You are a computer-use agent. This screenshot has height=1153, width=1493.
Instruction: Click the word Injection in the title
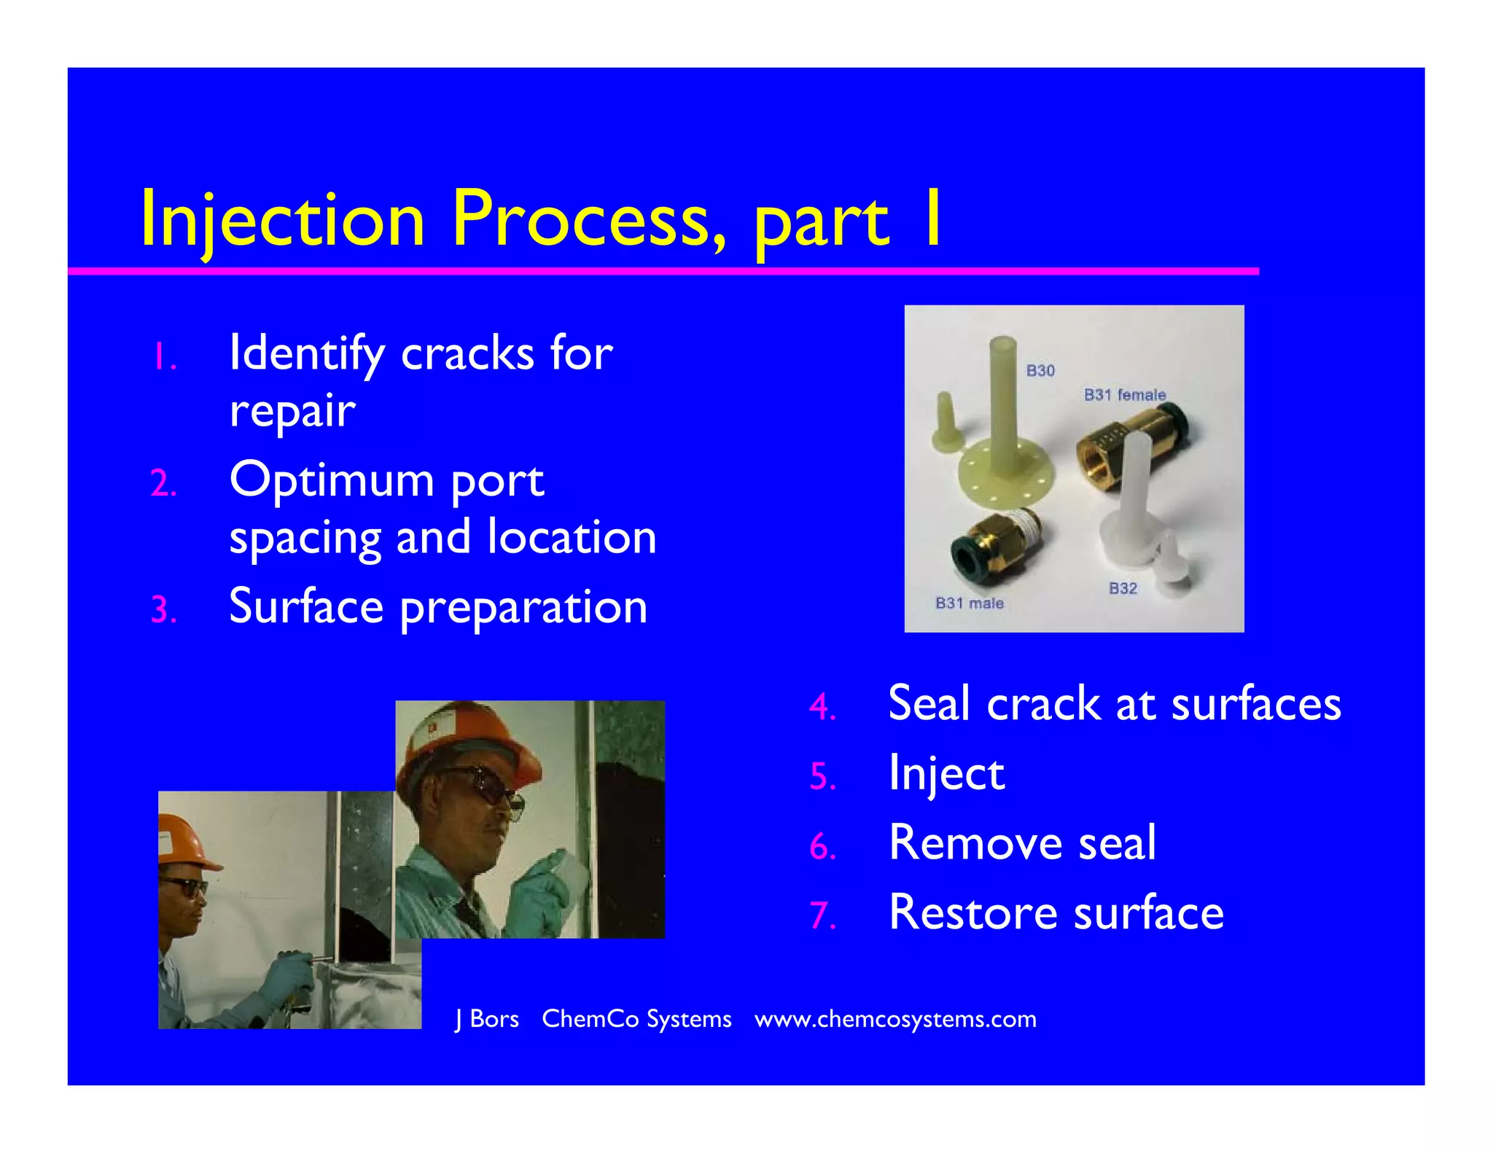tap(282, 219)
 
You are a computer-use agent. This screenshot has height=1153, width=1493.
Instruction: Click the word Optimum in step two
tap(332, 481)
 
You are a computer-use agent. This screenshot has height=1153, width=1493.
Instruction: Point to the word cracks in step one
tap(467, 354)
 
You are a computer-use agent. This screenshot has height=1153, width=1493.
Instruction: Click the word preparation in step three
tap(523, 607)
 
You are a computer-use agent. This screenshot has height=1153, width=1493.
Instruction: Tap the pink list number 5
tap(822, 776)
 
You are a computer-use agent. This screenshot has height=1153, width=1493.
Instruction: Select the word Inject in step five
tap(946, 773)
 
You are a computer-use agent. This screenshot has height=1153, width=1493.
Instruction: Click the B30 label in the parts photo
tap(1040, 371)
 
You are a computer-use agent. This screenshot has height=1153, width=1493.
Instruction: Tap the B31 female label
tap(1124, 395)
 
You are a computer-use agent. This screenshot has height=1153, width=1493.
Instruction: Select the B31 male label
tap(969, 603)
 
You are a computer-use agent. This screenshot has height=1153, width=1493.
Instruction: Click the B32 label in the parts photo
tap(1123, 589)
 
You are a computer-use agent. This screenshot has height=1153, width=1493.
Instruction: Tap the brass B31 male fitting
tap(995, 543)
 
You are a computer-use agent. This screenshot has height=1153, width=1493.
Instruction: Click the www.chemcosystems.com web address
tap(895, 1019)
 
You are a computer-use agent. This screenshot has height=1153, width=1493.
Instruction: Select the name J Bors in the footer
tap(487, 1019)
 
